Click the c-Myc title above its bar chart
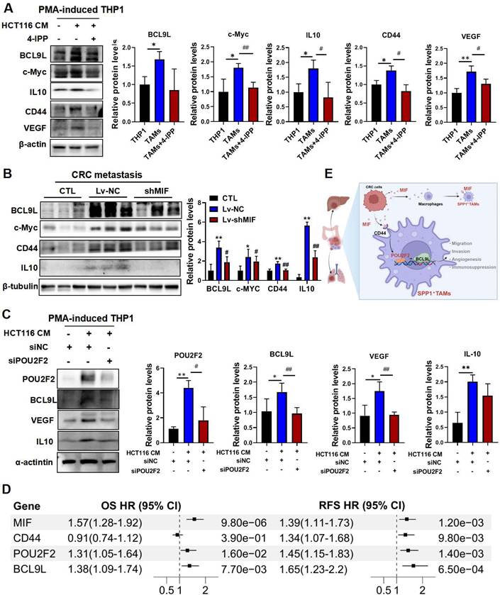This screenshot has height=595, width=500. tap(225, 33)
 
